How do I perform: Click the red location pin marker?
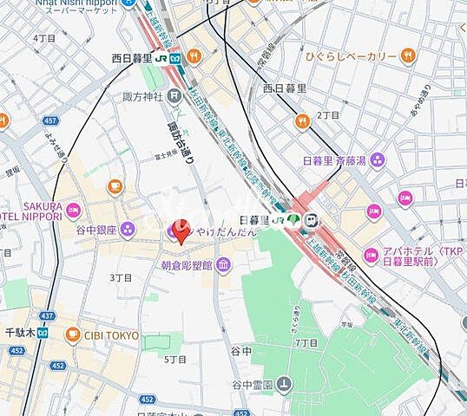180,234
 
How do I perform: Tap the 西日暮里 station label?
131,58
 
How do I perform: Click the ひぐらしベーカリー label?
360,57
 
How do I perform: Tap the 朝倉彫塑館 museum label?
187,265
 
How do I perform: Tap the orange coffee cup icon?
115,185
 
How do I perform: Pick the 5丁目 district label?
175,358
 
